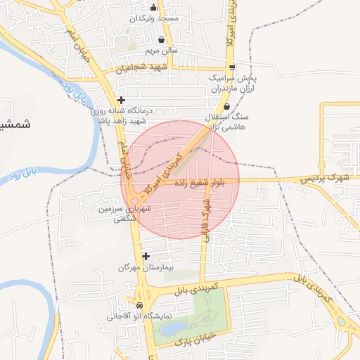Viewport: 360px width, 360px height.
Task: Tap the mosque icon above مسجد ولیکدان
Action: click(x=153, y=8)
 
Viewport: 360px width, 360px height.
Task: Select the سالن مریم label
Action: click(x=162, y=51)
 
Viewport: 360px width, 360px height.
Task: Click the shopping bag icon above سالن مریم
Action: click(x=162, y=39)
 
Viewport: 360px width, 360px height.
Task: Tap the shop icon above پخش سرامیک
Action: click(x=232, y=68)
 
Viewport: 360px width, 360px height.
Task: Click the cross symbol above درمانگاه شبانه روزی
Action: click(x=122, y=100)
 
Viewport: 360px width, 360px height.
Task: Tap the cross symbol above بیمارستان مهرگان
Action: click(x=146, y=257)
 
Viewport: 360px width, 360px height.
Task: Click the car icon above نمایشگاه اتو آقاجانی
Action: click(x=139, y=306)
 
